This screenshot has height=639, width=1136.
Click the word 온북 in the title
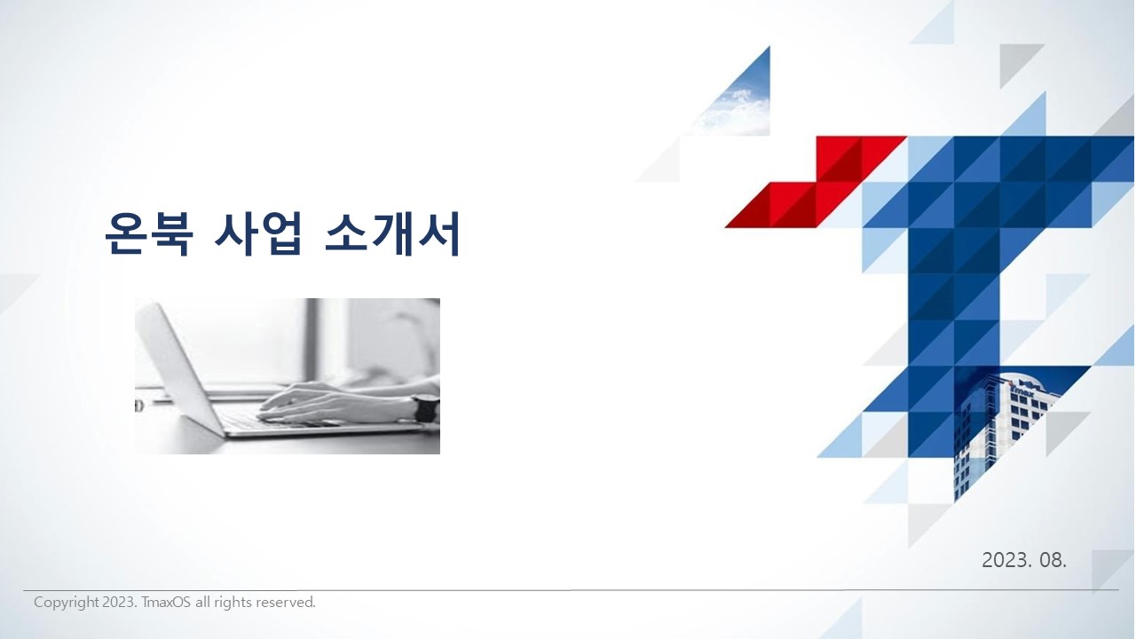click(x=148, y=233)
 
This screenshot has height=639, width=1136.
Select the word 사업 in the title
click(x=258, y=233)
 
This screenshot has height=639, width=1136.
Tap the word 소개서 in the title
click(x=392, y=233)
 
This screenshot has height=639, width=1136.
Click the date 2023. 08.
click(x=1024, y=560)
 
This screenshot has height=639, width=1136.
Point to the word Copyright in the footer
click(x=66, y=603)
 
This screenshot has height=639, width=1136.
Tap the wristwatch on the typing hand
click(x=425, y=409)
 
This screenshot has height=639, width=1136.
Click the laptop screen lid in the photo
click(x=179, y=367)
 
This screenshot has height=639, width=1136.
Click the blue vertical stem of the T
click(x=953, y=304)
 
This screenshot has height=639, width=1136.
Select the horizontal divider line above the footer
click(x=571, y=590)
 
